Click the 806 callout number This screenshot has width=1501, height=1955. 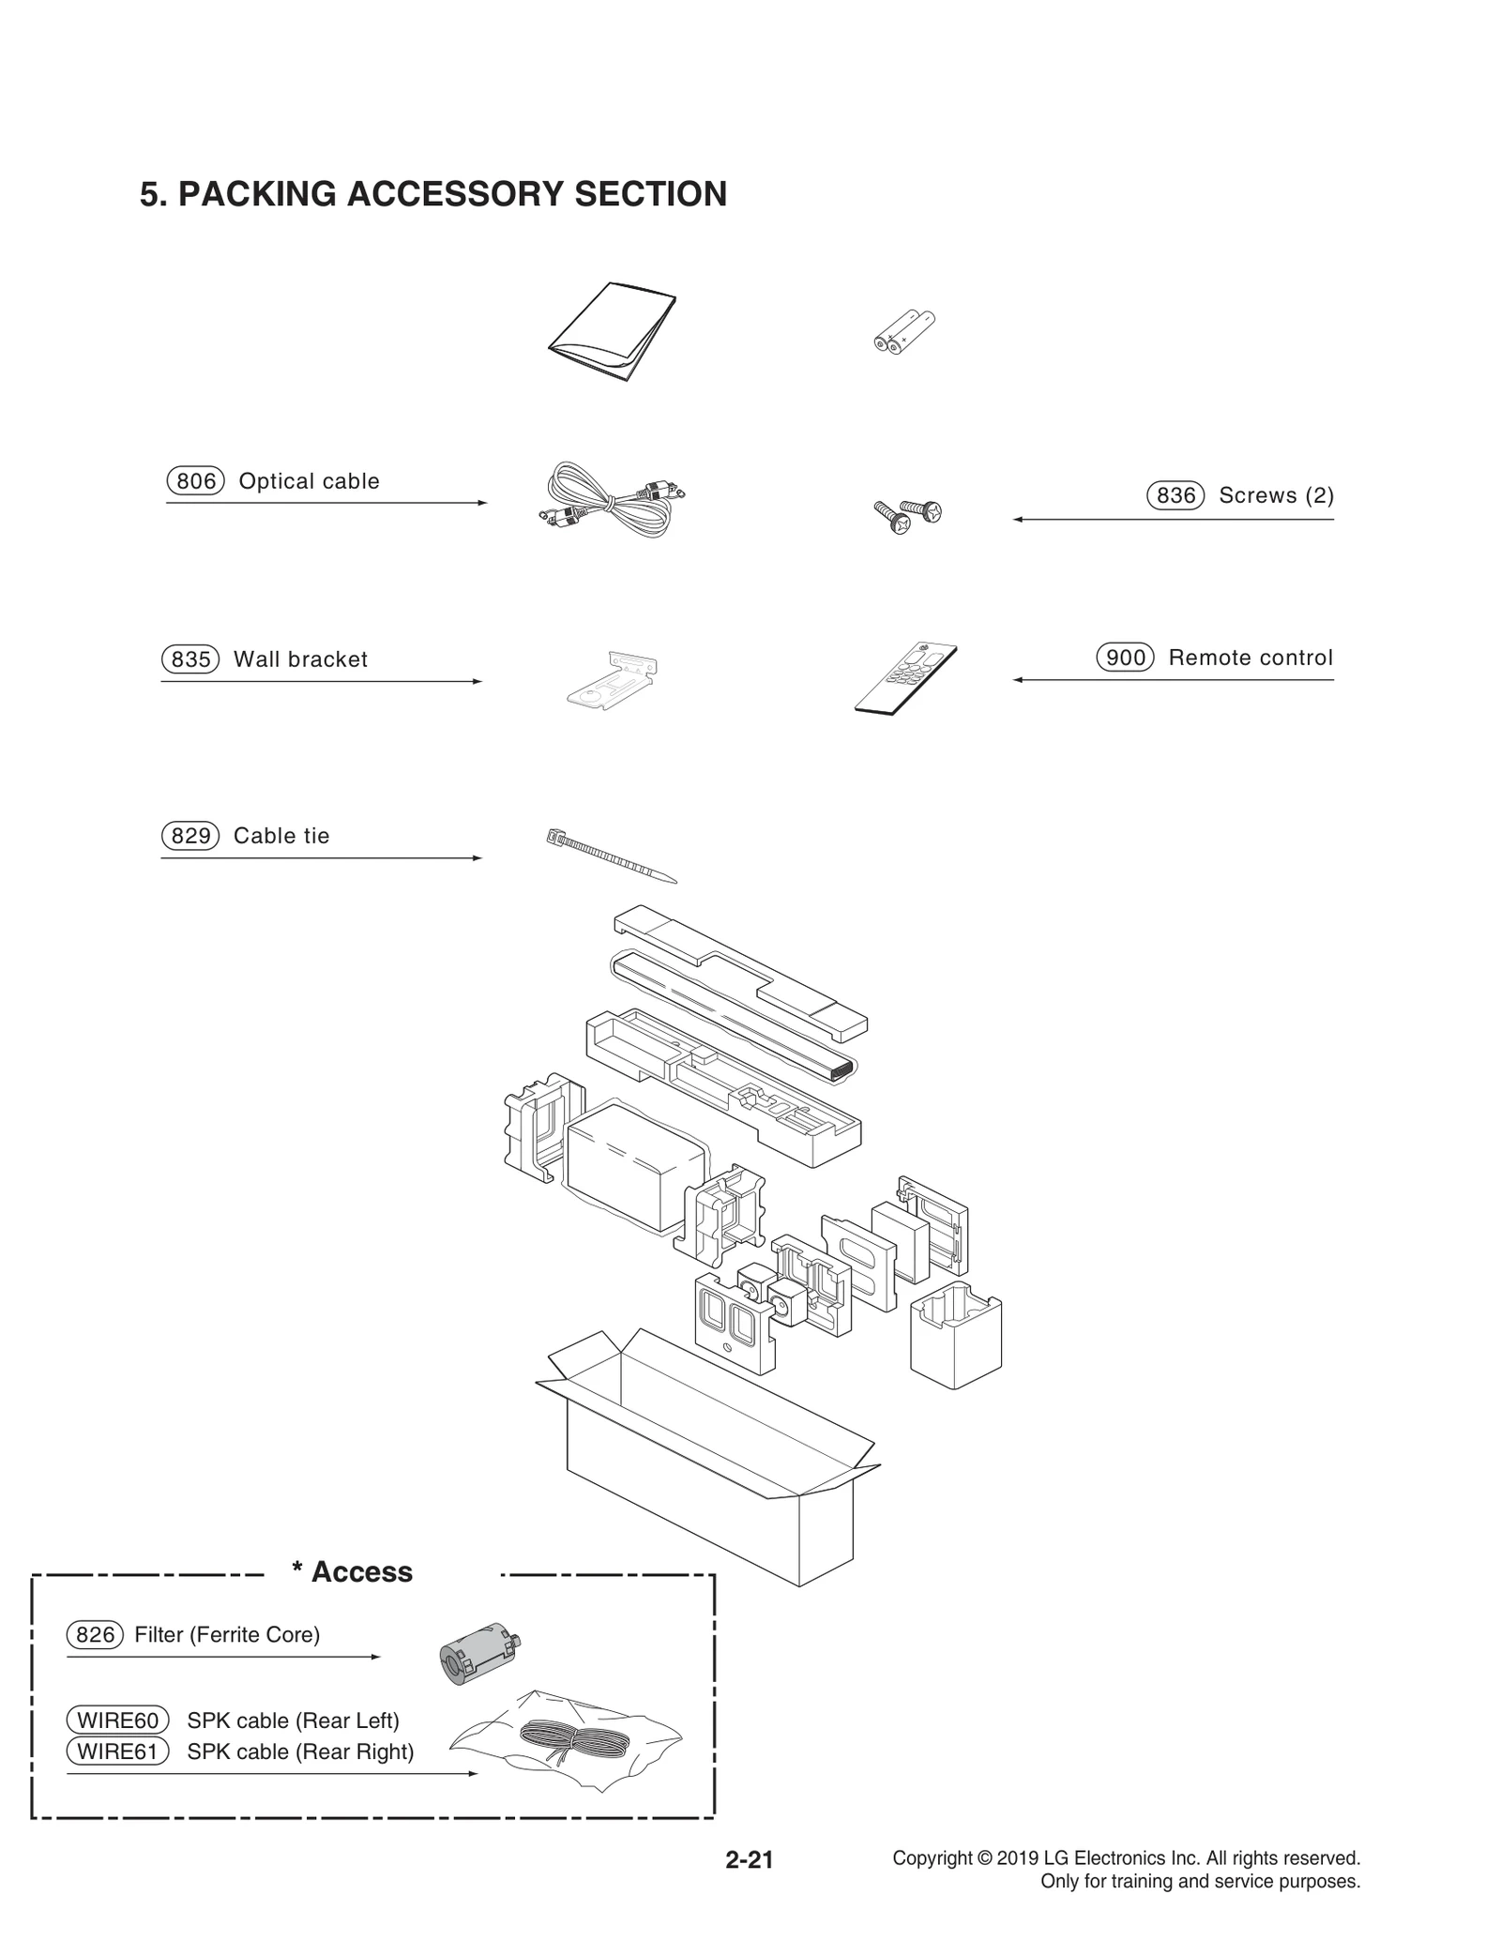(195, 481)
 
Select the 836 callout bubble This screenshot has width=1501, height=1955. (1175, 495)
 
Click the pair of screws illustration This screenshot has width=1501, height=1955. (907, 515)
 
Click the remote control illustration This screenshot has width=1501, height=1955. (905, 677)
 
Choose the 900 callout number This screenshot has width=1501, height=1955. (1125, 658)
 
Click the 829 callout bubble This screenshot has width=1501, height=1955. (190, 836)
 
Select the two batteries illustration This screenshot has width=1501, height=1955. (903, 332)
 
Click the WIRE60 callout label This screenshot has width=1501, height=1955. (117, 1720)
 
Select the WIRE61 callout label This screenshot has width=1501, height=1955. (117, 1751)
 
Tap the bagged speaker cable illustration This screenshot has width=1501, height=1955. (568, 1743)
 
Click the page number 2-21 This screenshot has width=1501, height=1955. (749, 1860)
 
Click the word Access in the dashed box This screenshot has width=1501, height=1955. (361, 1572)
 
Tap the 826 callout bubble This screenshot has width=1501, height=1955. (95, 1635)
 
